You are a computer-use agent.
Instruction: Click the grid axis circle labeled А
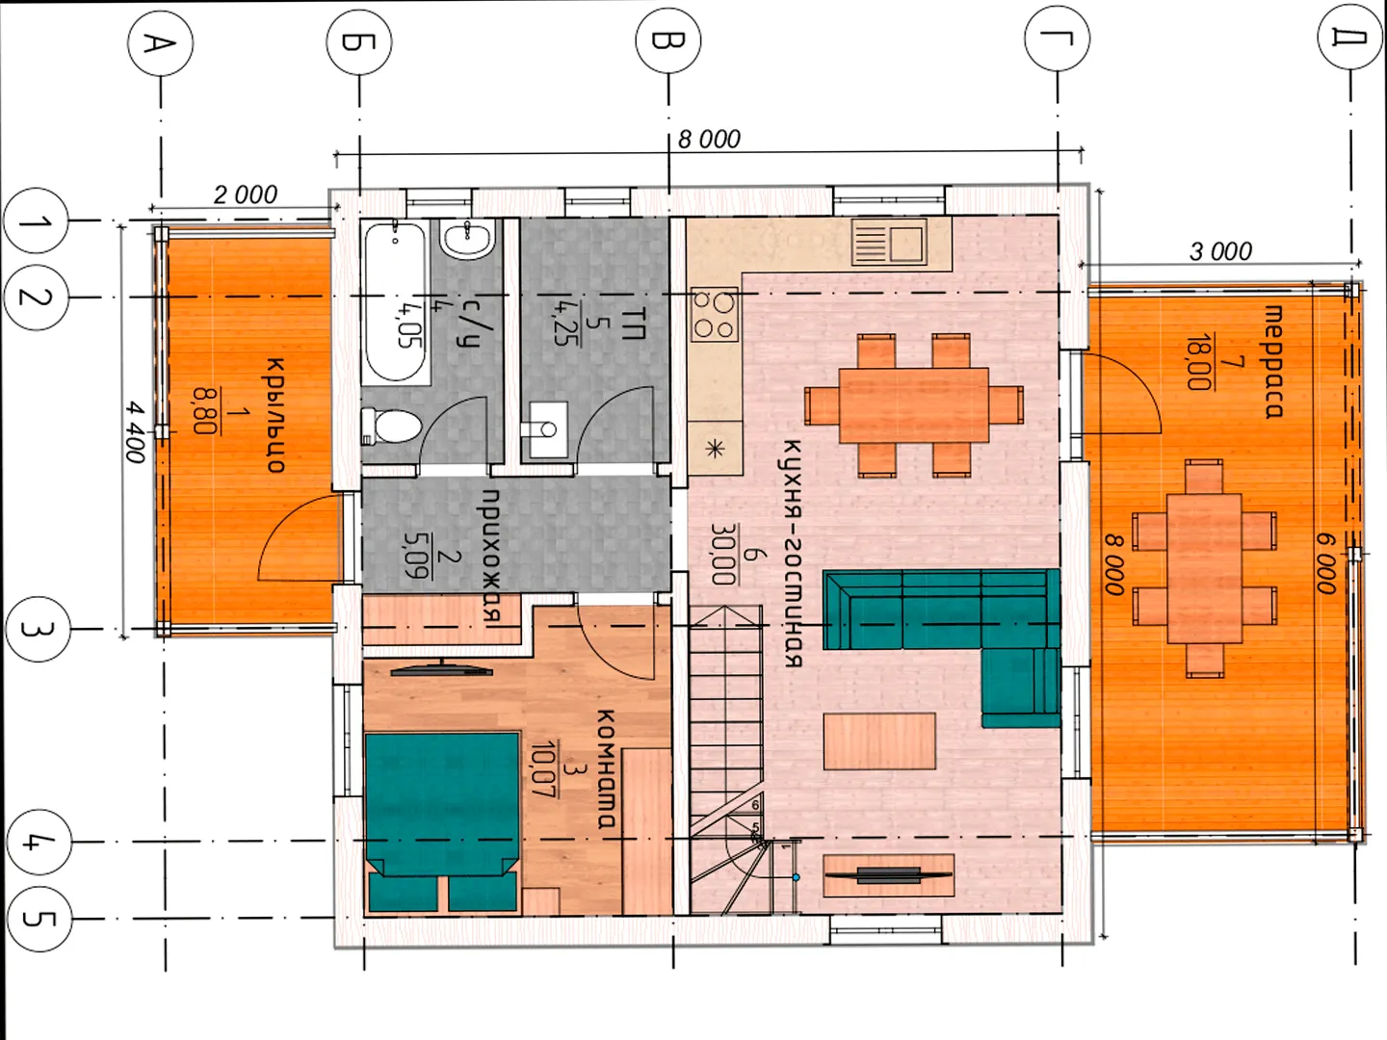[161, 43]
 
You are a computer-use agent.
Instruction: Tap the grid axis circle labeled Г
[1058, 39]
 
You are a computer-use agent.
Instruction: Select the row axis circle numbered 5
[39, 919]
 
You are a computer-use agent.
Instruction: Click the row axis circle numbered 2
[36, 297]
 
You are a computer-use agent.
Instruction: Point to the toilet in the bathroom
[391, 427]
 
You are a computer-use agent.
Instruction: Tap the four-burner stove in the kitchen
[715, 314]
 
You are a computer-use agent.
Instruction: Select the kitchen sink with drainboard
[889, 242]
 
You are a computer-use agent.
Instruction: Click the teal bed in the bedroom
[442, 821]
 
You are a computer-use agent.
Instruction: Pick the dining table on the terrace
[1204, 568]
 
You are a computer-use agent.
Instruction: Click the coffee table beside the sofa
[879, 741]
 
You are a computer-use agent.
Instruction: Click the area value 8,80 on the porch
[205, 411]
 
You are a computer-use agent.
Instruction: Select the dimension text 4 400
[135, 432]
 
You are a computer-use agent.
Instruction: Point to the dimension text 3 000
[1220, 252]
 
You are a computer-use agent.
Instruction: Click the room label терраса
[1274, 362]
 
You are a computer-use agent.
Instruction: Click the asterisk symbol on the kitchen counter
[715, 449]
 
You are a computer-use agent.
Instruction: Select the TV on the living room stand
[889, 874]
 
